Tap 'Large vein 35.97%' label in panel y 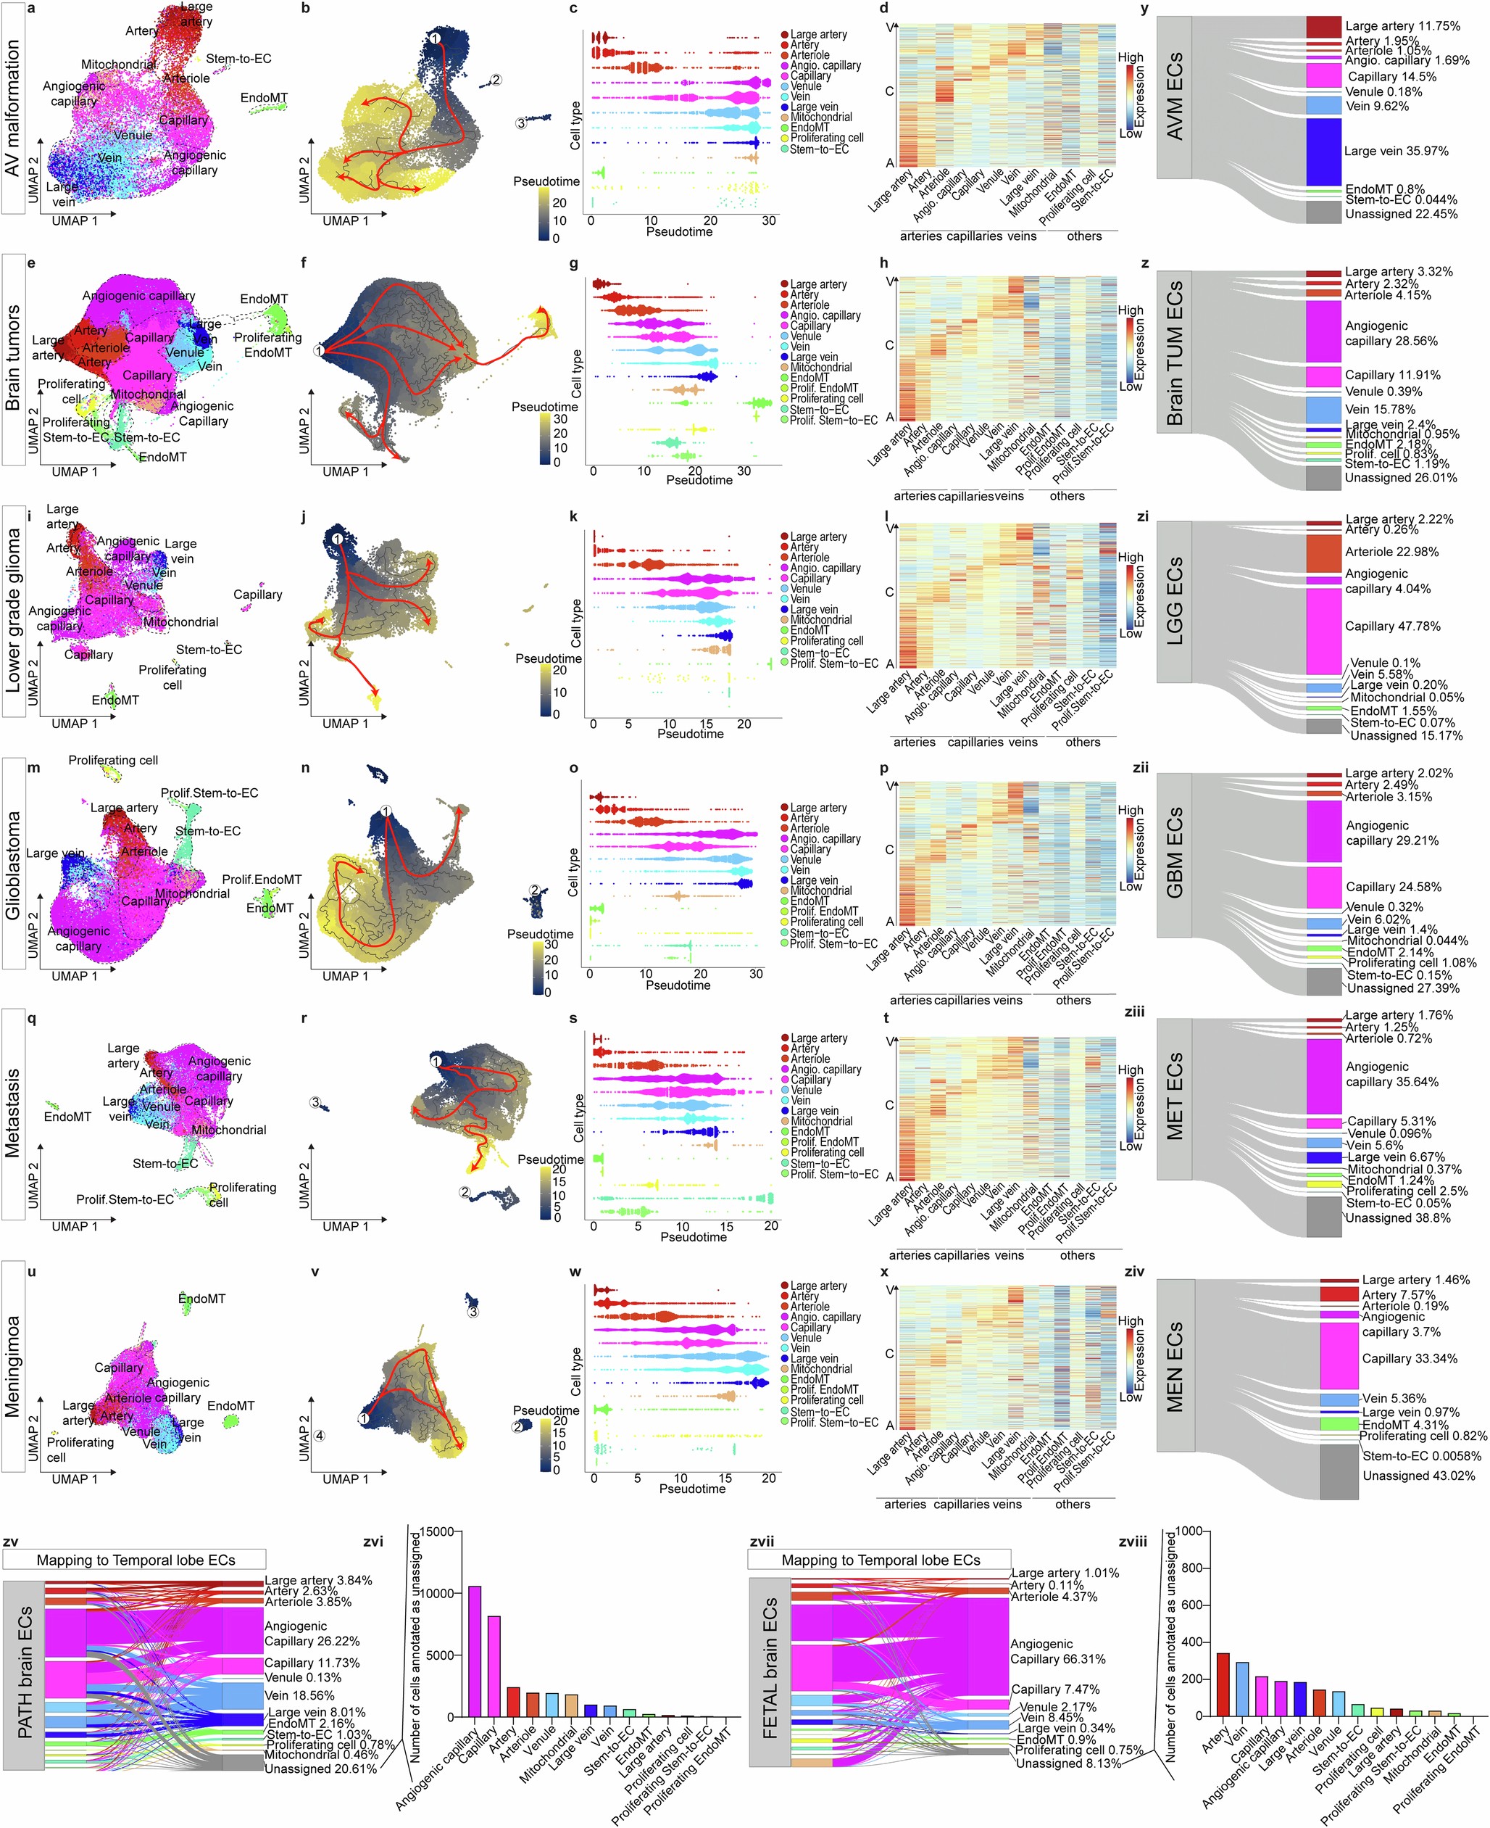(x=1396, y=151)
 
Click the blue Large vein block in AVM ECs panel (x=1323, y=152)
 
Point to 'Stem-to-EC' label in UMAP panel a (x=238, y=59)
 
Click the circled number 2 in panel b (x=495, y=80)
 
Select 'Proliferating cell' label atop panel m (x=112, y=760)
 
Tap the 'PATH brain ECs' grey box (x=23, y=1671)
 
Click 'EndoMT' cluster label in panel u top (x=201, y=1298)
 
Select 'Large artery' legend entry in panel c (x=818, y=34)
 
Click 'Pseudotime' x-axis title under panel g (x=699, y=480)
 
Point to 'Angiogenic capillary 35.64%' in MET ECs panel (x=1391, y=1074)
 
